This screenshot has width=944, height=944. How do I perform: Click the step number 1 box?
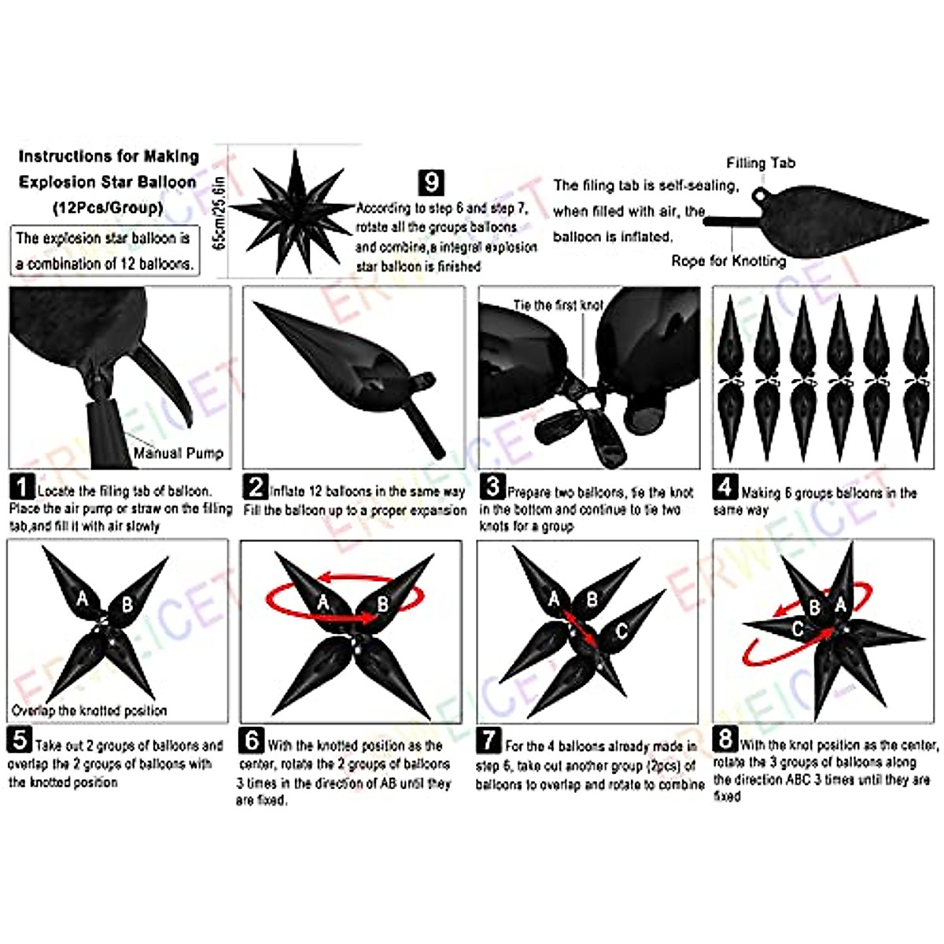pos(22,487)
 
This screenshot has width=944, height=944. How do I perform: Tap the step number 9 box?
pos(430,183)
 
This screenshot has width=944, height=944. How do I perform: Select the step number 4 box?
pos(725,487)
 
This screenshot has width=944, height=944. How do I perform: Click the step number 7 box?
pos(489,740)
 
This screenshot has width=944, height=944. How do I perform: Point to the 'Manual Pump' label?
pos(178,453)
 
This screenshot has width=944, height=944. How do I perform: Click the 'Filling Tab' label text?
pos(760,163)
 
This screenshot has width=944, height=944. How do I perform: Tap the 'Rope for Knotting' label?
pos(728,260)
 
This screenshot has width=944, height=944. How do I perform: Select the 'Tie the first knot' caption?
pos(558,305)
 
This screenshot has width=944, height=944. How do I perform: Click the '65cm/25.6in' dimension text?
pos(220,212)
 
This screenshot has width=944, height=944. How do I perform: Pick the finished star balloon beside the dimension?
pos(293,211)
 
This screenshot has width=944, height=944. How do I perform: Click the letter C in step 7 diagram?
pos(621,630)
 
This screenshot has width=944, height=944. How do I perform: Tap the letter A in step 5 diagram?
pos(83,599)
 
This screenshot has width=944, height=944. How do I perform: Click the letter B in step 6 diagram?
pos(383,604)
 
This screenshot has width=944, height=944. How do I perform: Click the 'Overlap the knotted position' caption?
pos(89,710)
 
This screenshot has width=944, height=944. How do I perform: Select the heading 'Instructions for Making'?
pos(109,157)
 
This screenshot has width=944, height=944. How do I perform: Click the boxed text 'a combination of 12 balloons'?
pos(104,264)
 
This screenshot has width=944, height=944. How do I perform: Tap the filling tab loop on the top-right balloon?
pos(760,193)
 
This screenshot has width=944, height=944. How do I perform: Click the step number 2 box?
pos(256,487)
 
